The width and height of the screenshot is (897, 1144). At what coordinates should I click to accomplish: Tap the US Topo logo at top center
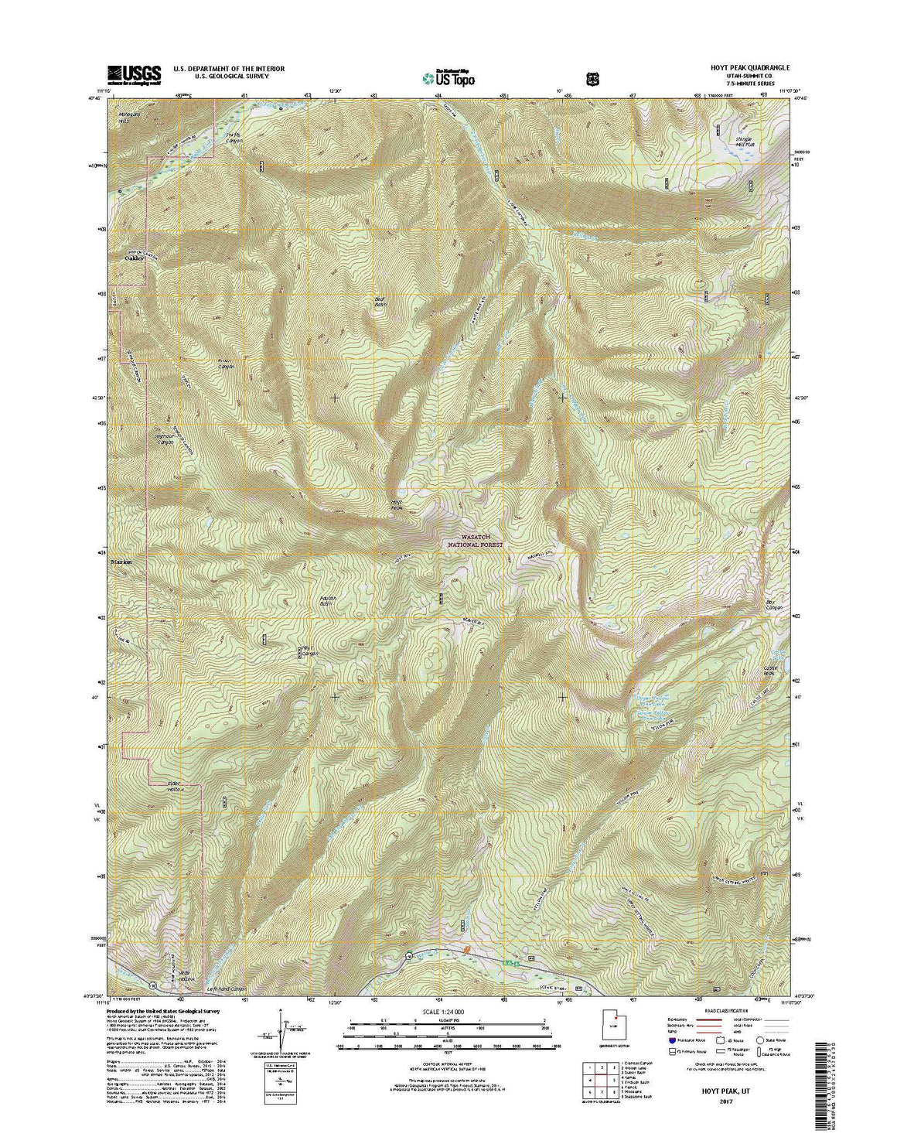[x=448, y=77]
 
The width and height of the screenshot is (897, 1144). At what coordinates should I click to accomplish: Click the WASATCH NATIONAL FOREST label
[x=472, y=540]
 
